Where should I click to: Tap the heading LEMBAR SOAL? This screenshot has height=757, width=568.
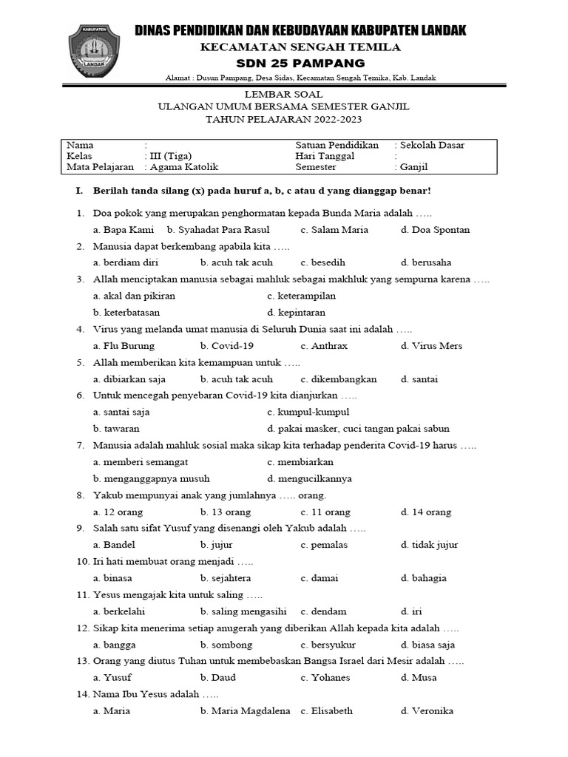tap(285, 95)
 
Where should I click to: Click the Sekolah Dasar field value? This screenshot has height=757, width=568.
tap(433, 145)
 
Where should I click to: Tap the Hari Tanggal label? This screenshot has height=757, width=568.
tap(325, 156)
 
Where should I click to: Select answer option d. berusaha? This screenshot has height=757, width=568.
tap(426, 262)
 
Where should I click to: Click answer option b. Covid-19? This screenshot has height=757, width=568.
tap(227, 346)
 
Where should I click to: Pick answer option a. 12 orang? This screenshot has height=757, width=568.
tap(118, 512)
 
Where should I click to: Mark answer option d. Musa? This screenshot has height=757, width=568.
tap(419, 677)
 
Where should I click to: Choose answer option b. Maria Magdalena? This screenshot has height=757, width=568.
tap(245, 710)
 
